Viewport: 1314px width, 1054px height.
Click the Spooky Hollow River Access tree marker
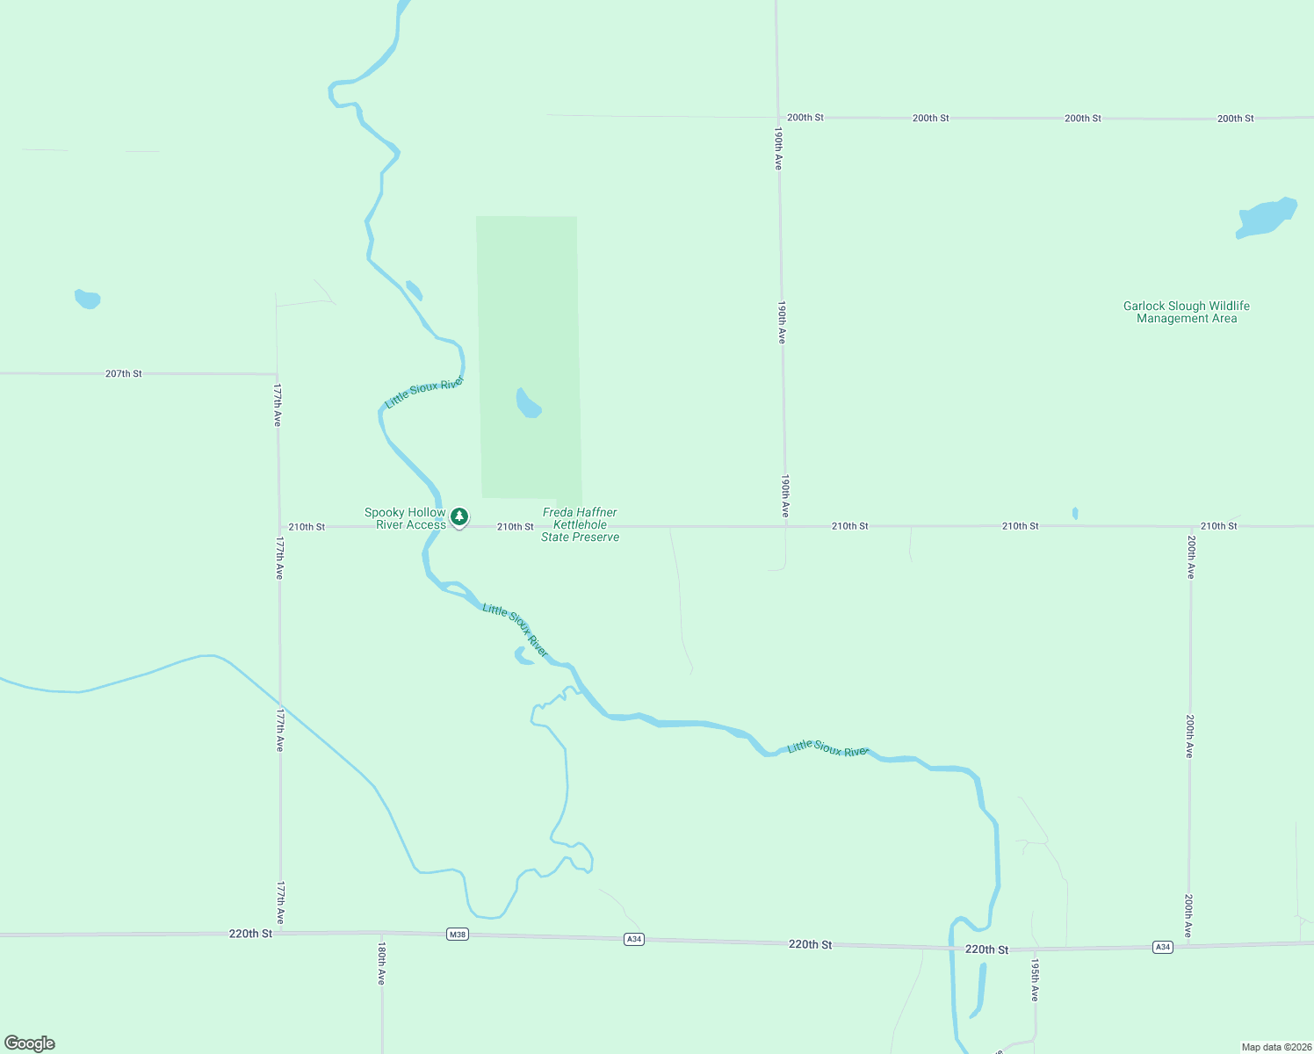458,517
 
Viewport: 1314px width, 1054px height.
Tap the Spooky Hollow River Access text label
406,518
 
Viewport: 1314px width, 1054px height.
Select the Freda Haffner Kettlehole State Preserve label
580,524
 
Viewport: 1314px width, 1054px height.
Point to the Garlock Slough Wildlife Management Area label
1186,312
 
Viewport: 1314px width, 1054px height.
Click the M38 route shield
457,935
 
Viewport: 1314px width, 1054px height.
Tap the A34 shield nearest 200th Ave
1163,947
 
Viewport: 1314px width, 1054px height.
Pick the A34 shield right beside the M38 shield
634,939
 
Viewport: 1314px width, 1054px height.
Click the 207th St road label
124,373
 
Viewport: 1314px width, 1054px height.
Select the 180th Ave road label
381,964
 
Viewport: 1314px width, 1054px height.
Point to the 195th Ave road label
1035,980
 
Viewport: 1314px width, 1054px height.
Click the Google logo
30,1043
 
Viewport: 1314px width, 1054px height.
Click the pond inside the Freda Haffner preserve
527,404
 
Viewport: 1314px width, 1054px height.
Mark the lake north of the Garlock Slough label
1266,217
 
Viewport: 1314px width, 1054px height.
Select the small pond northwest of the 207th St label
87,300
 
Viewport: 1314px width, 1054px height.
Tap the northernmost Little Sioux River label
424,393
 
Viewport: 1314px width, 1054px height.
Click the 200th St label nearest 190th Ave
805,117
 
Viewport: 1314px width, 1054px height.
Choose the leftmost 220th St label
250,934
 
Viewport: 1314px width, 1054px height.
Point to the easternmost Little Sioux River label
827,748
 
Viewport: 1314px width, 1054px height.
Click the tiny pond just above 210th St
1075,513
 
